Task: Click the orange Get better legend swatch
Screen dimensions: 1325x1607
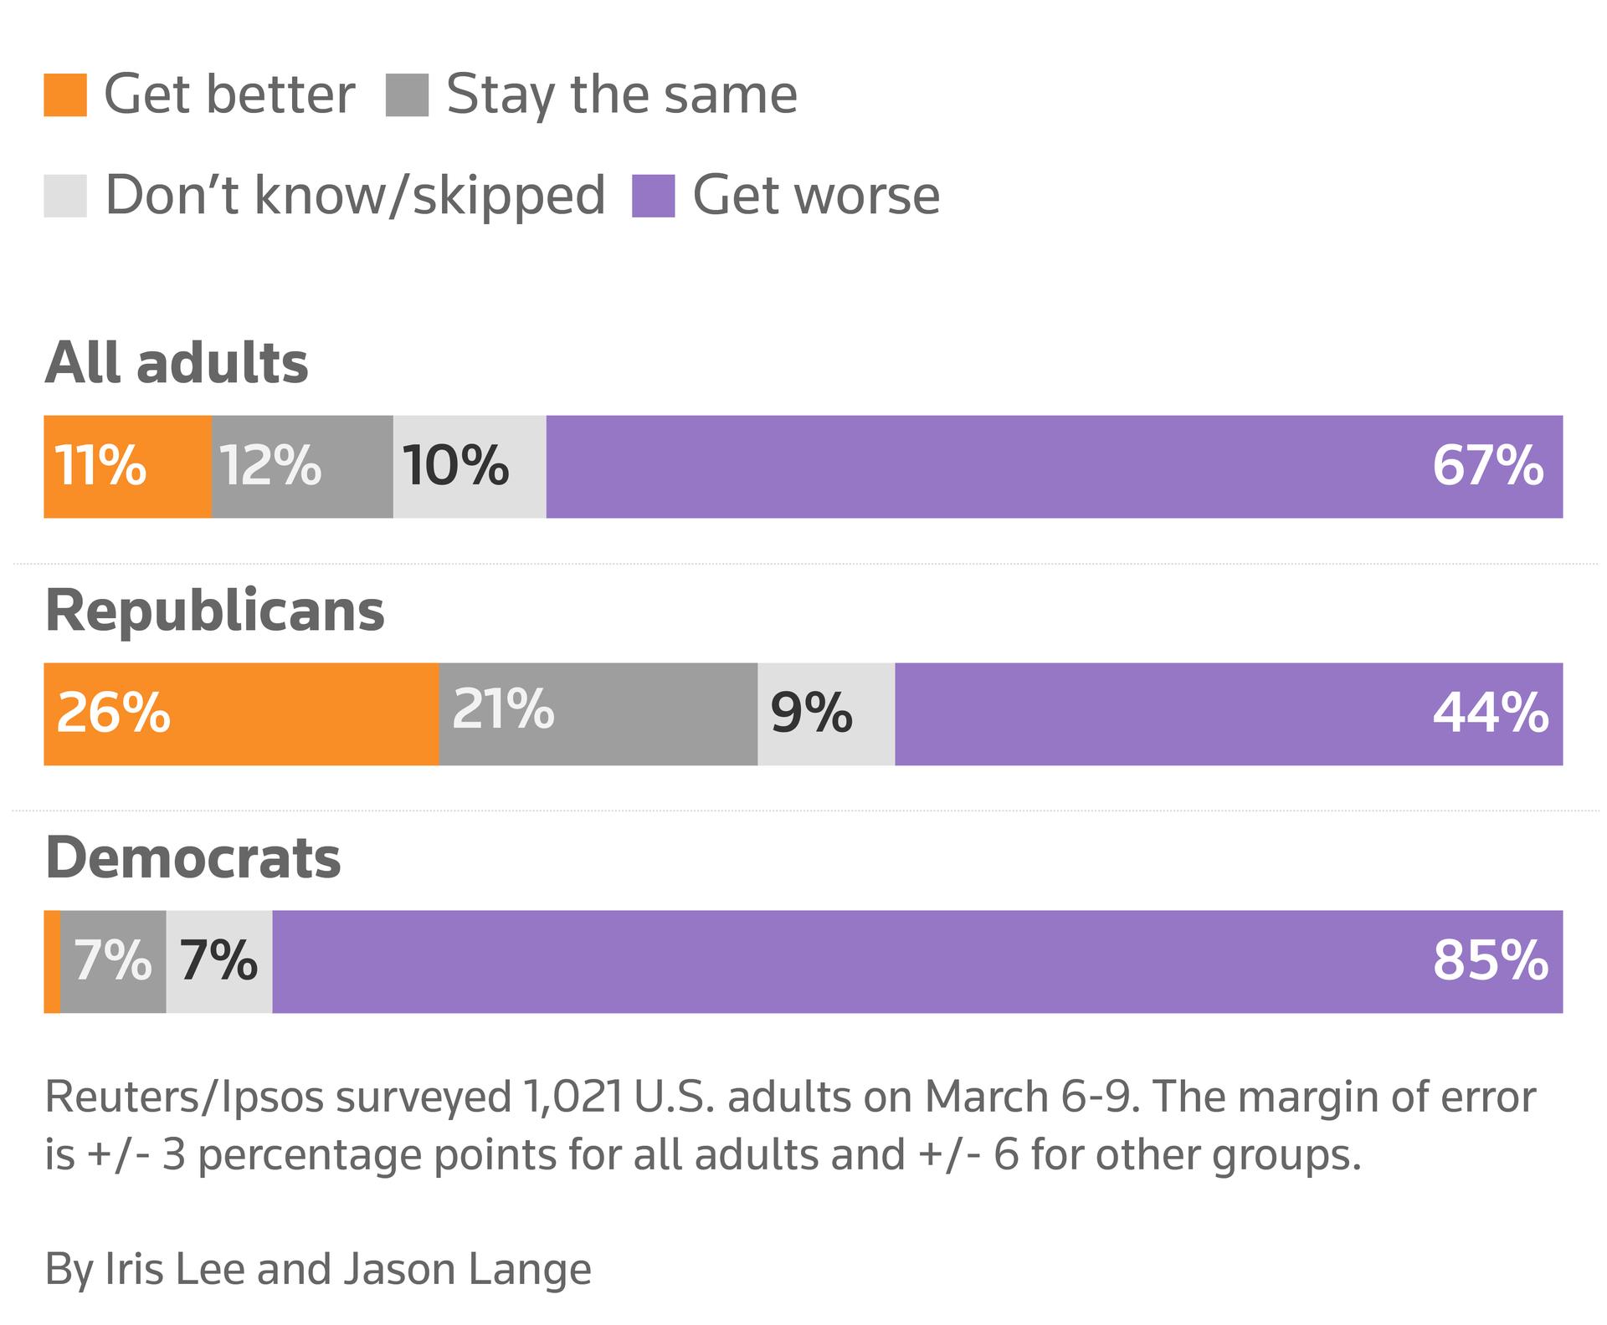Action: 65,95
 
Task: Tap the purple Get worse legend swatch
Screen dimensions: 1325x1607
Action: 653,196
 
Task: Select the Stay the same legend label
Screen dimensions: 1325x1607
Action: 621,95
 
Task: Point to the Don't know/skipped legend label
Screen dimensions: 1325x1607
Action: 355,196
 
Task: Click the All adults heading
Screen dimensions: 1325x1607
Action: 177,363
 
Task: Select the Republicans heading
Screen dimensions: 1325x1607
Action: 214,611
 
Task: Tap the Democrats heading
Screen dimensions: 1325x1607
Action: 193,858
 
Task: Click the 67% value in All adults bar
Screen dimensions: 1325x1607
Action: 1487,466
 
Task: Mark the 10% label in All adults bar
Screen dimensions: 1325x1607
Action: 455,466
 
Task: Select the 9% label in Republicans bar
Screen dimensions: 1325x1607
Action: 811,714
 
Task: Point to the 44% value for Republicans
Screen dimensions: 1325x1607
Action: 1490,714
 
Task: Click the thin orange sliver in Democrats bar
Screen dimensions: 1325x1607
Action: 52,961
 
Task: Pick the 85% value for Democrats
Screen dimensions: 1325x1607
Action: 1490,961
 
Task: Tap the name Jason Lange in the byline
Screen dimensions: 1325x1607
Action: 467,1269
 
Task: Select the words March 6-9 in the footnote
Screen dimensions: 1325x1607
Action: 1031,1098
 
